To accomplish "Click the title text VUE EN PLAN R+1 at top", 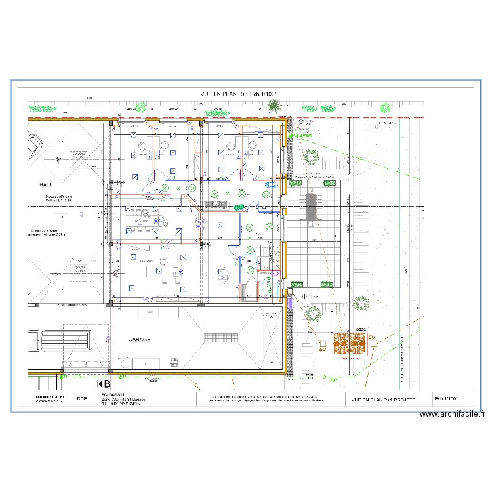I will (239, 94).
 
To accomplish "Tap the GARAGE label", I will (140, 340).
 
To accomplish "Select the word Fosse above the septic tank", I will (359, 329).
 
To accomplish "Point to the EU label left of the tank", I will (322, 350).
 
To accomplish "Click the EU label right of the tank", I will (372, 338).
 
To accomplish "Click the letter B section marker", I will (104, 384).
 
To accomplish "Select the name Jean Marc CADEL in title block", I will (49, 397).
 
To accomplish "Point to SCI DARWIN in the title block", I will (113, 396).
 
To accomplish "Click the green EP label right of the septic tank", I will (333, 380).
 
